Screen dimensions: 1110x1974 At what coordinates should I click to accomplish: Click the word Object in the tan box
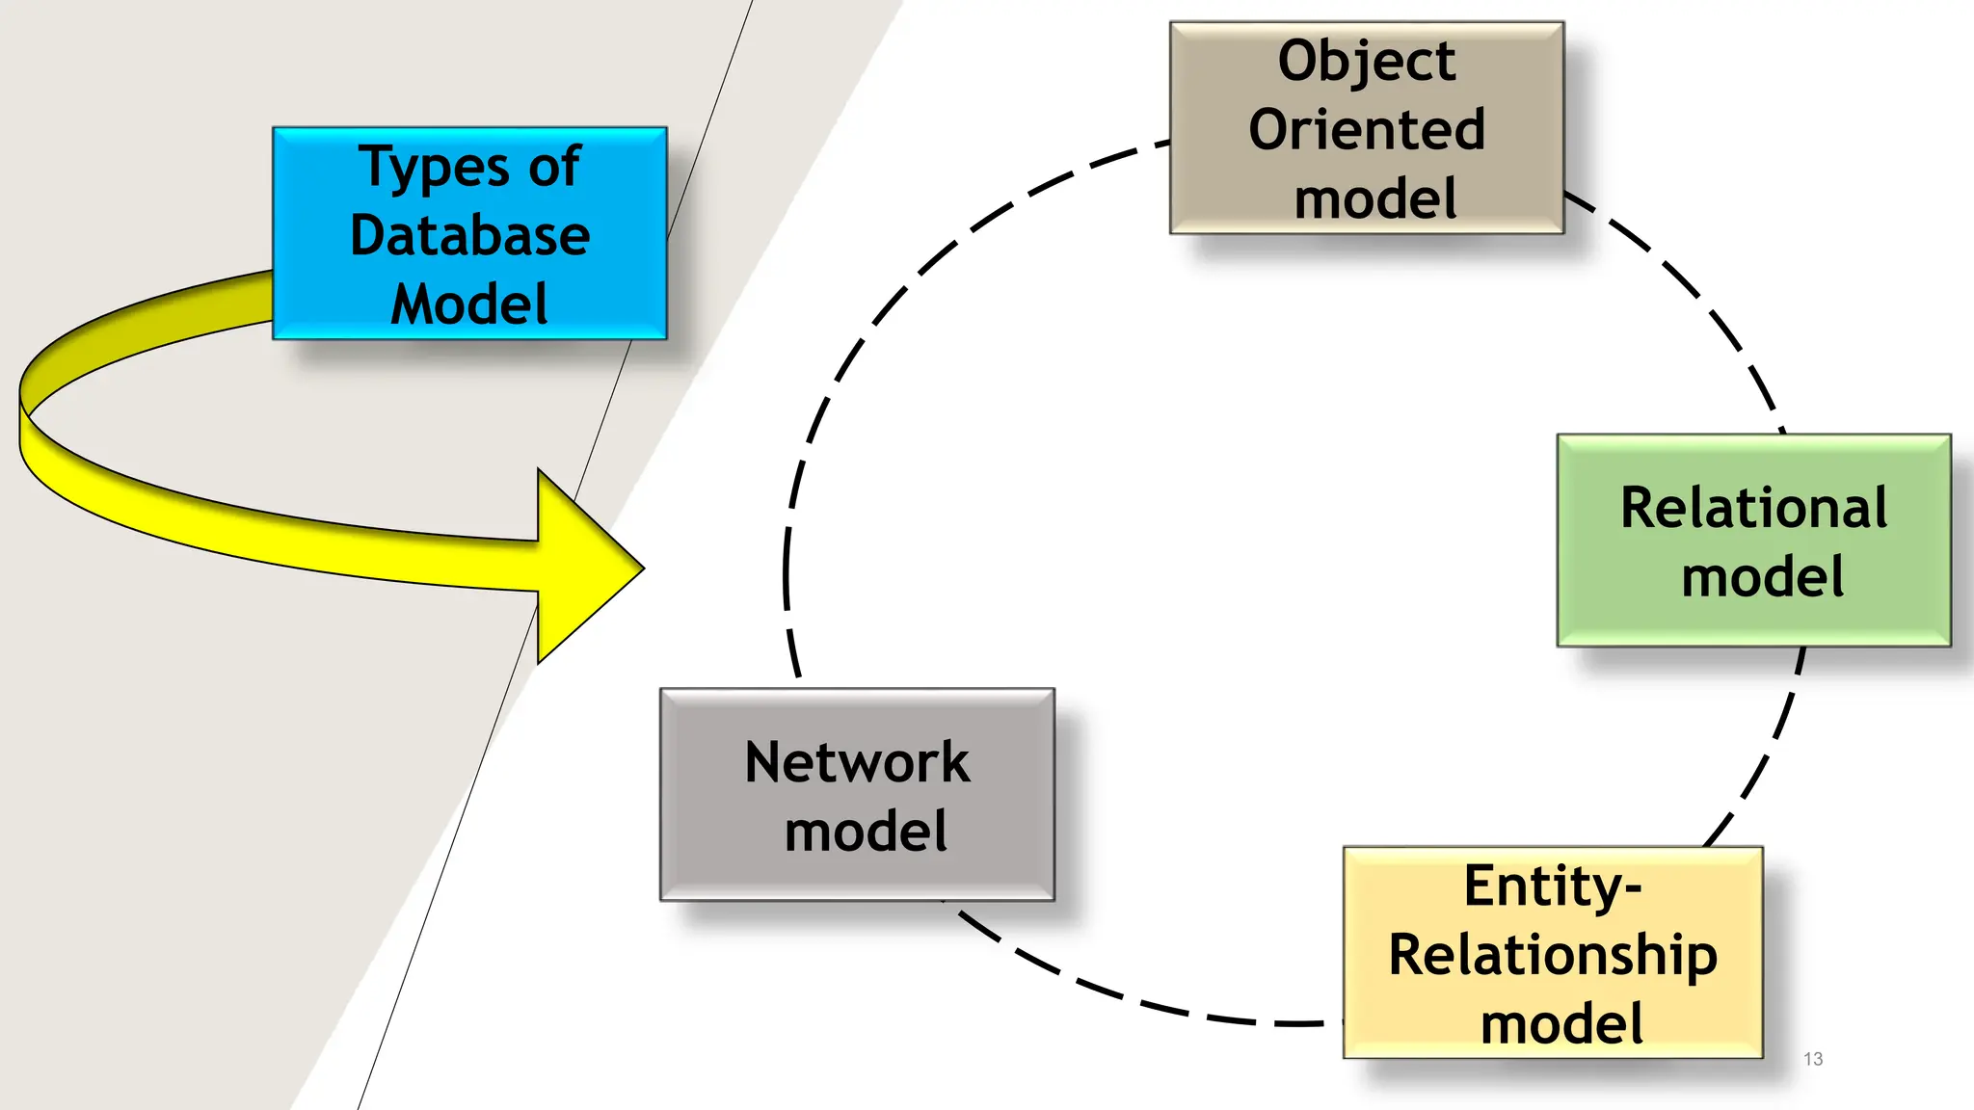(1366, 62)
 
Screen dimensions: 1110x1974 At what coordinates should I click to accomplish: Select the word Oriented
(1366, 130)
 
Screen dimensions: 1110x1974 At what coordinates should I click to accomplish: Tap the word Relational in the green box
(1753, 508)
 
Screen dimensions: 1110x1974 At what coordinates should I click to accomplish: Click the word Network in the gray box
(857, 762)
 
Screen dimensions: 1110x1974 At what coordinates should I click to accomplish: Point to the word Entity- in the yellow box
(1552, 885)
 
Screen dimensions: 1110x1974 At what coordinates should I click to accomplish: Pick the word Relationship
(1552, 955)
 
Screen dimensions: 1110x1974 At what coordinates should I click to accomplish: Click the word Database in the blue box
(469, 235)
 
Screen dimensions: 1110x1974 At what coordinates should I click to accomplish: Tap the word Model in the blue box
(469, 304)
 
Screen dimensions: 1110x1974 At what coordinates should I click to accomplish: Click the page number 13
(1812, 1059)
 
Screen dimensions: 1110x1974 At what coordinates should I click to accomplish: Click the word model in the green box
(1762, 577)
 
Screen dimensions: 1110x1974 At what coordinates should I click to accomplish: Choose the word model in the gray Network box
(866, 832)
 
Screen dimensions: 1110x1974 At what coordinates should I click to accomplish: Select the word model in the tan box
(1374, 199)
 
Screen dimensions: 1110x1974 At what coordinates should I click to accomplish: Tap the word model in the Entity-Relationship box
(1561, 1024)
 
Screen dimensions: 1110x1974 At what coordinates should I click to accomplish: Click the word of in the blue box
(554, 167)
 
